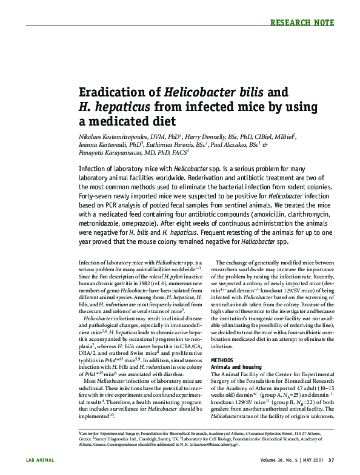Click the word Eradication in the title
(119, 92)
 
